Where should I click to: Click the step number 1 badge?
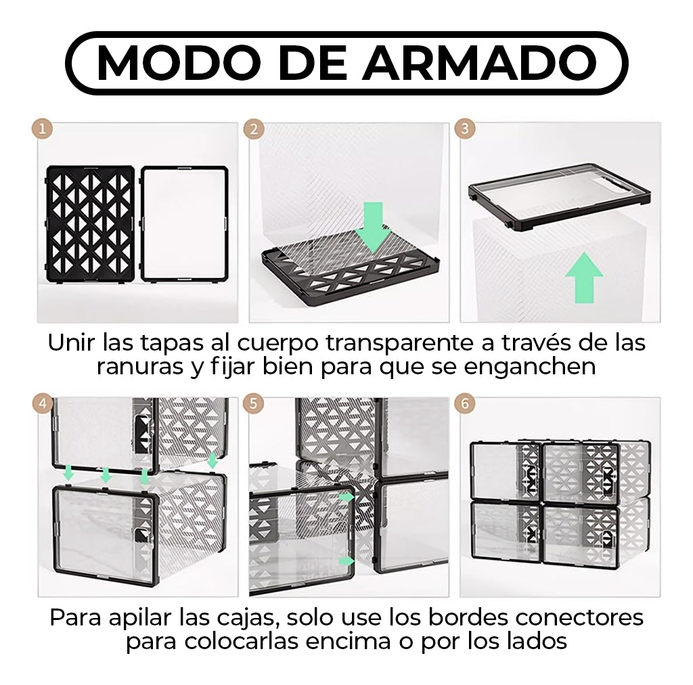[43, 129]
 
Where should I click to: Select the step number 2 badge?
[254, 129]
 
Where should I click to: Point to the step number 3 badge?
[465, 129]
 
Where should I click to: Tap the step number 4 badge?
[43, 404]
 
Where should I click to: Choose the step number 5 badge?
[254, 404]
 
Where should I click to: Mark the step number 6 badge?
[465, 404]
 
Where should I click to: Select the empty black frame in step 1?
[184, 223]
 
